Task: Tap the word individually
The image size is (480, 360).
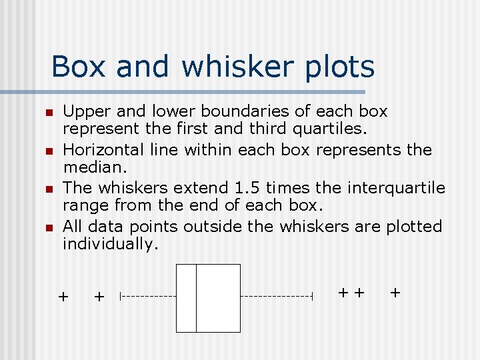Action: (111, 245)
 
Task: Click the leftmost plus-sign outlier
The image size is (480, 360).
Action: (63, 296)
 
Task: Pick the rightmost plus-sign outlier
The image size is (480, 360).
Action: (395, 291)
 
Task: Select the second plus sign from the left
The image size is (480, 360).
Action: (99, 297)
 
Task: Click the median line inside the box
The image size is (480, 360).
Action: (196, 297)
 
